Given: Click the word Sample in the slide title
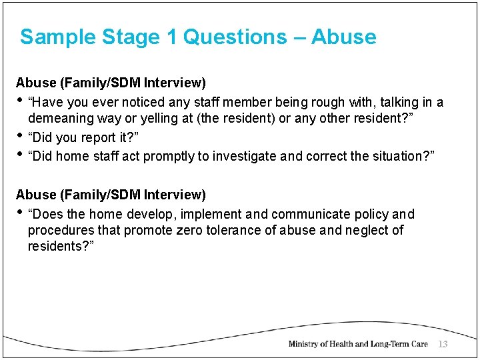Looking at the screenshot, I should pos(58,37).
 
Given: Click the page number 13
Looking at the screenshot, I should pos(443,343).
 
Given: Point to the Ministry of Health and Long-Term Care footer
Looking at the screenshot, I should pos(357,344).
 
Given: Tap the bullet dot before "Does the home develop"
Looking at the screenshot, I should pos(20,212).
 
